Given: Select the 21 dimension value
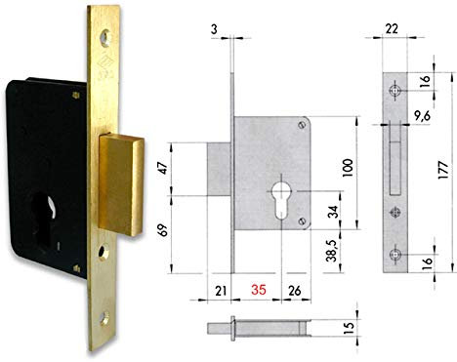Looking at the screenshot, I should tap(221, 290).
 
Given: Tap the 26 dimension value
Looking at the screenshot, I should tap(293, 290).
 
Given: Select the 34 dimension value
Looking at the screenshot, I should tap(334, 212).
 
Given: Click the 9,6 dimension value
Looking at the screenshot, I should tap(423, 117).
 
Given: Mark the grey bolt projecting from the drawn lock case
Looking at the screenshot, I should tap(221, 163).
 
